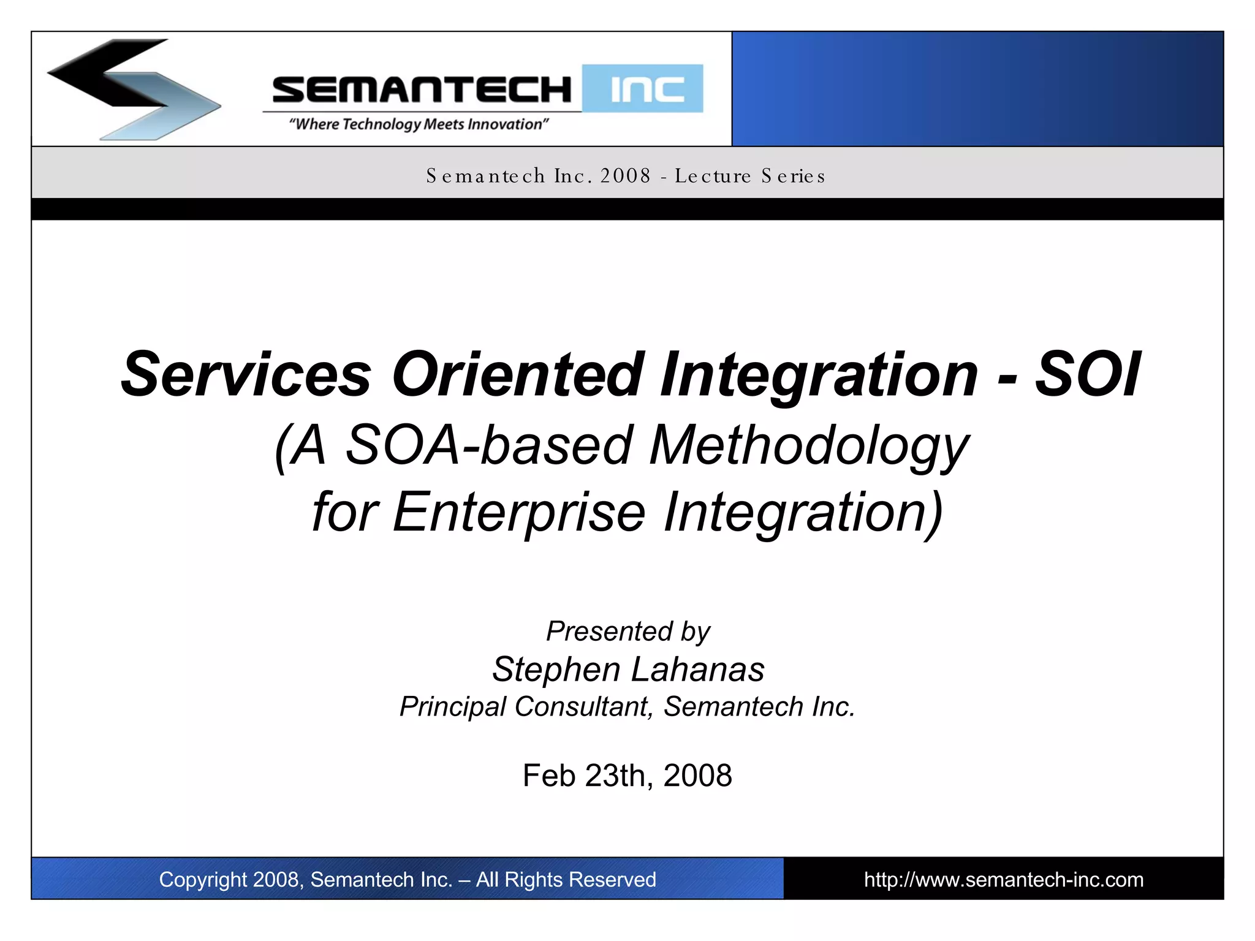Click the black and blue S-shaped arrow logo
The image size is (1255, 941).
(132, 89)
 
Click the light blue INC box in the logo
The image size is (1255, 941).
(643, 89)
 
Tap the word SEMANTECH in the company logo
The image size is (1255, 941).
(422, 90)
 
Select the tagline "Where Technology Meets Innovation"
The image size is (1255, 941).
(419, 124)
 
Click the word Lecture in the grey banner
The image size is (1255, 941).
(713, 176)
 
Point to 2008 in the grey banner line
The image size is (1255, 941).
(625, 176)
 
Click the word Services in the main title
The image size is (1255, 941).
(246, 375)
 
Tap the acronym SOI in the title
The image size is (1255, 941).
(1087, 375)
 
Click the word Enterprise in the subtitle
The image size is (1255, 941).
(518, 513)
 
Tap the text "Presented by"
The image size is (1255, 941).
(627, 631)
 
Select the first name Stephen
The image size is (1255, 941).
(556, 670)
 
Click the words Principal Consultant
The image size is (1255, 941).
(525, 707)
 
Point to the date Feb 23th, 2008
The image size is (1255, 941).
(627, 776)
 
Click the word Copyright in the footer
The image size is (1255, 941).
(203, 880)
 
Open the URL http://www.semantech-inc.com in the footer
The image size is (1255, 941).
(1003, 880)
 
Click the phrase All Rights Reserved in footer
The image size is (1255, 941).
(566, 880)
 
